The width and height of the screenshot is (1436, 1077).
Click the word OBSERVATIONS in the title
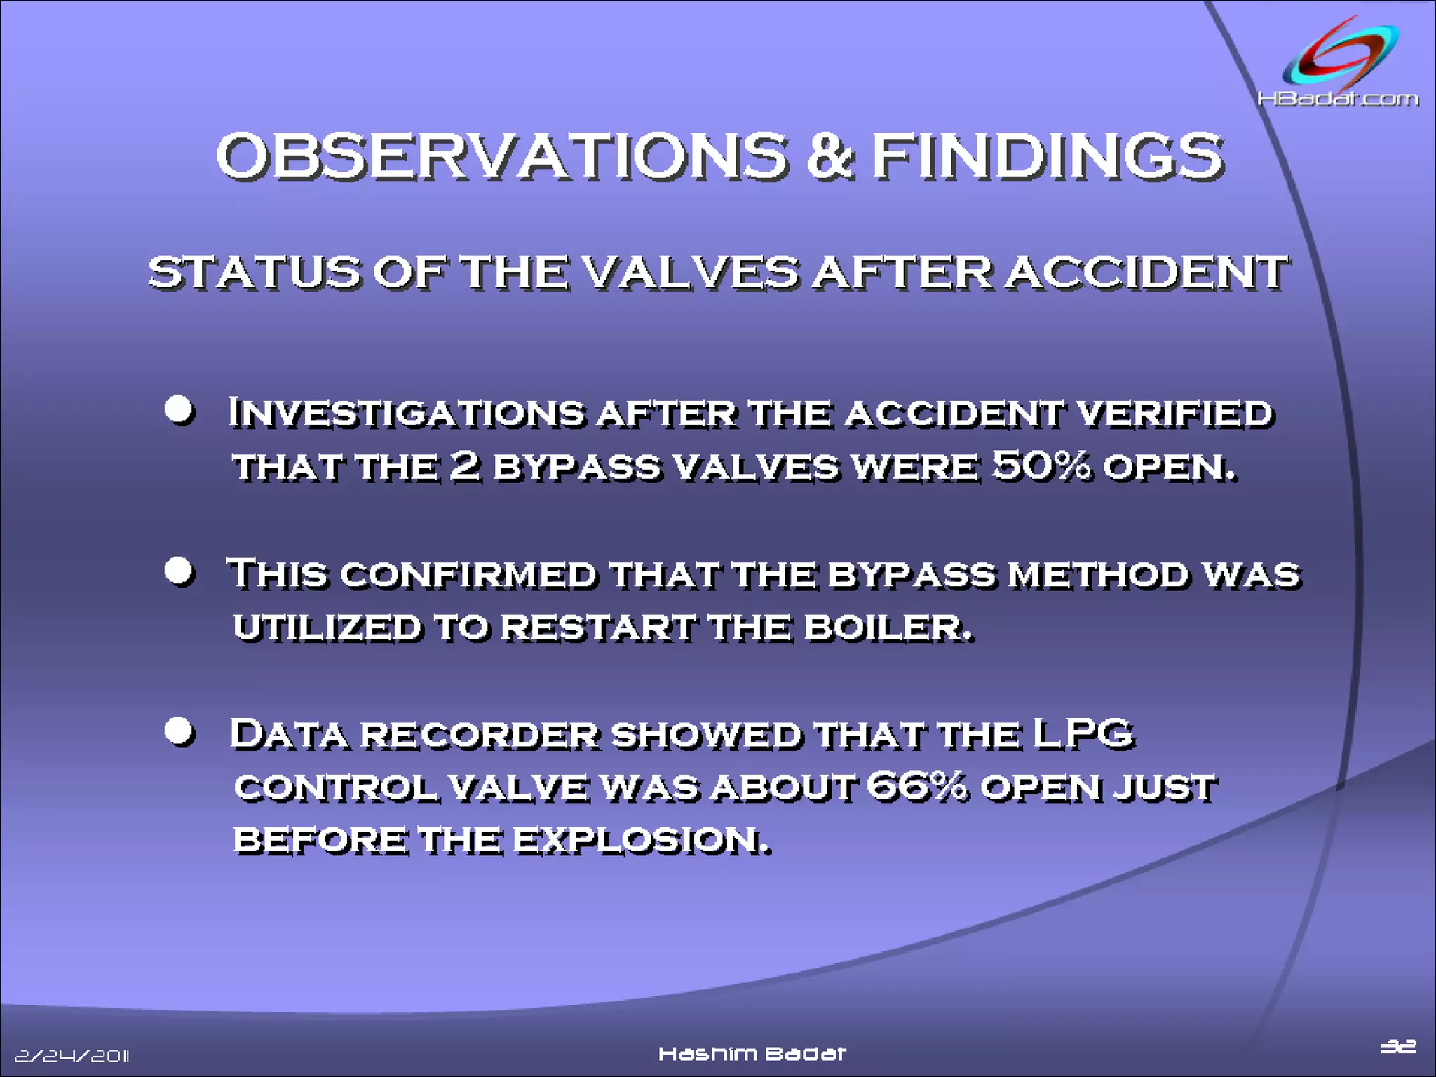[x=502, y=157]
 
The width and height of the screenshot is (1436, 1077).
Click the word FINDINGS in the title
[x=1048, y=157]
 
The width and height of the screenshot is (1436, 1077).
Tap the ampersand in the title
[x=829, y=157]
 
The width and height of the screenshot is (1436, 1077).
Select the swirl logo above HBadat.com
[x=1340, y=56]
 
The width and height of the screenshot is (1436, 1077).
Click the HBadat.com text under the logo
[x=1338, y=99]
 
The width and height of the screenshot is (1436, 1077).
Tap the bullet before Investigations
[x=179, y=409]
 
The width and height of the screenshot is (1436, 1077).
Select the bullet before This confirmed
[x=179, y=571]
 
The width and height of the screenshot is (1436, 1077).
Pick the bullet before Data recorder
[x=179, y=731]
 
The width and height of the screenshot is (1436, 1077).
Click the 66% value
[x=916, y=786]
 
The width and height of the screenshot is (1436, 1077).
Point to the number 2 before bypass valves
[x=464, y=466]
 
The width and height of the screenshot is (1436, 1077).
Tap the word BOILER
[x=888, y=627]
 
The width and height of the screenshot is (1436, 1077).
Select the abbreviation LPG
[x=1083, y=734]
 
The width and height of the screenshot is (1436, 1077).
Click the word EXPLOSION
[x=641, y=840]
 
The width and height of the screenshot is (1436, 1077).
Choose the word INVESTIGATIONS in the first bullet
[x=406, y=413]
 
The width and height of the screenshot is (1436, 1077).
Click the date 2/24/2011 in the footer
[x=72, y=1055]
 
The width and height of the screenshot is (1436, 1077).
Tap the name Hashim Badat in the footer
[x=752, y=1054]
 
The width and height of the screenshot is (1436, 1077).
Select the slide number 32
[x=1398, y=1046]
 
